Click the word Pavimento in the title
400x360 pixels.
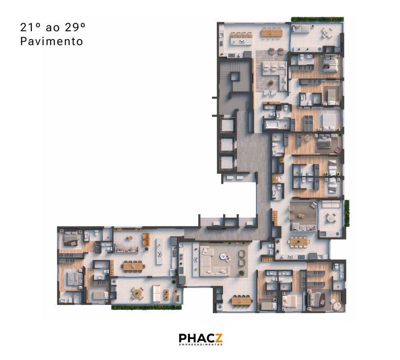point(52,42)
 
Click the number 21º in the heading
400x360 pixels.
point(29,27)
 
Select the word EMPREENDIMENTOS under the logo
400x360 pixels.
point(201,345)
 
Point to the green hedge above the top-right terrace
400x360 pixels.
point(317,19)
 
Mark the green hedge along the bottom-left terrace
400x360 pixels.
point(146,307)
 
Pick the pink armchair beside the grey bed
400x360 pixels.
point(338,149)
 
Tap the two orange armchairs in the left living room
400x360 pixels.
point(146,239)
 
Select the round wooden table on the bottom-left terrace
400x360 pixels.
point(137,293)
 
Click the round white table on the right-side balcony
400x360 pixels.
point(331,218)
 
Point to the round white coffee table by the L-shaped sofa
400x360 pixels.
point(223,256)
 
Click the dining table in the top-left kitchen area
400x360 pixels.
point(272,33)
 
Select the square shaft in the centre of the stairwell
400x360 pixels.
point(235,76)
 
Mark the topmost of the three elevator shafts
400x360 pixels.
point(227,125)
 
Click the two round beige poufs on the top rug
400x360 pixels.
point(276,51)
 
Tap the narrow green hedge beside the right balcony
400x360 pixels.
point(347,213)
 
